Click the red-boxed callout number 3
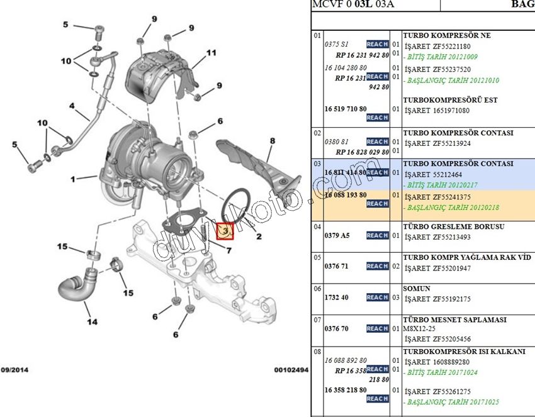coord(225,231)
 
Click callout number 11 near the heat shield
coord(211,53)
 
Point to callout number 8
coord(272,141)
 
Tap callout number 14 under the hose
coord(92,322)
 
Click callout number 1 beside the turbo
coord(74,179)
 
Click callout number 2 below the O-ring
coord(258,236)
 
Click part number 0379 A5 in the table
coord(337,235)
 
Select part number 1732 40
coord(336,297)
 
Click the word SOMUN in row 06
coord(417,289)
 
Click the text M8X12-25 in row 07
coord(420,328)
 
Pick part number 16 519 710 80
coord(345,109)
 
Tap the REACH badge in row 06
coord(377,297)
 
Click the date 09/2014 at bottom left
coord(14,370)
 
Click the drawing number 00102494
coord(291,370)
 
